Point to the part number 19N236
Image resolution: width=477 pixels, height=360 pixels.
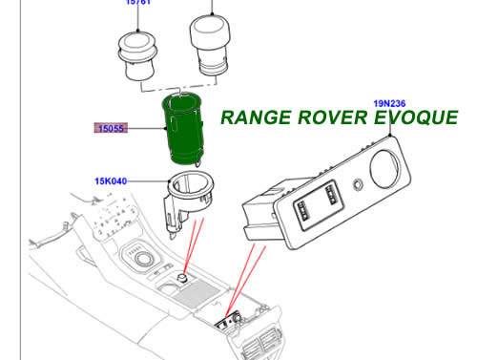pos(391,101)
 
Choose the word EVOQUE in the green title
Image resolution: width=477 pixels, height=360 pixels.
pos(421,117)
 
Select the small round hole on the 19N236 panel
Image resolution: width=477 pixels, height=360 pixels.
pos(356,184)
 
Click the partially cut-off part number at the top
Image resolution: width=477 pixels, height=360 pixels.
pos(139,3)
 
